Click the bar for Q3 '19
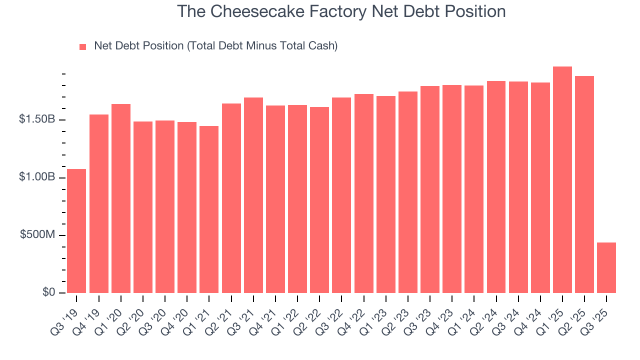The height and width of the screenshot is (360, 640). point(76,231)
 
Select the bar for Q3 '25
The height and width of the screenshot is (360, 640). point(606,267)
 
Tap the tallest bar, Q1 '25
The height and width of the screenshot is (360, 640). point(562,180)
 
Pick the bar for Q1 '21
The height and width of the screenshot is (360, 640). point(209,209)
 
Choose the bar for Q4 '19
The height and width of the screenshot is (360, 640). point(99,203)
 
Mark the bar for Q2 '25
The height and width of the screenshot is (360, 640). point(584,184)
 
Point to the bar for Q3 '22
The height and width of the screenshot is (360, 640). point(341,195)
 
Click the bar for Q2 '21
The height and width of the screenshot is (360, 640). point(231,198)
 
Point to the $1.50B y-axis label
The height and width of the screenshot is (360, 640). point(37,120)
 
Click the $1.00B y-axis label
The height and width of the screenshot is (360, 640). point(37,177)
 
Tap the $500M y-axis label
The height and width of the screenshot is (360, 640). point(37,235)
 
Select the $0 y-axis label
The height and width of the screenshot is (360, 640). point(47,292)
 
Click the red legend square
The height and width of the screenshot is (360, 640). point(83,47)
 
